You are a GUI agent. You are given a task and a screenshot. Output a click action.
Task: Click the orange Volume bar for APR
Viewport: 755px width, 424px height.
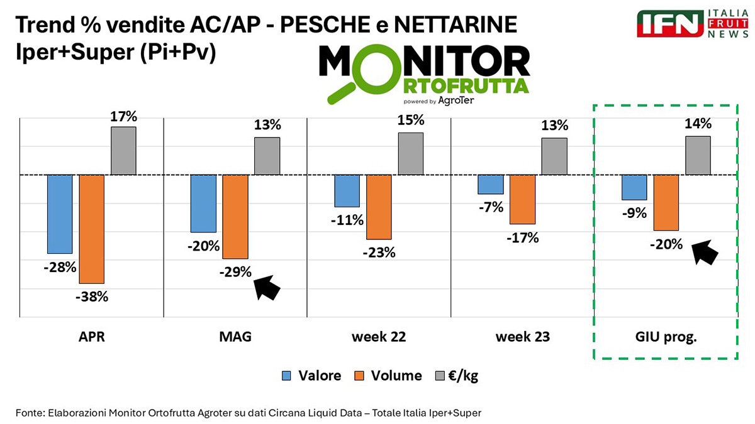pyautogui.click(x=91, y=229)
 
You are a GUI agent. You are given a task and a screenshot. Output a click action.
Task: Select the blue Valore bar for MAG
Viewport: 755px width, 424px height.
pyautogui.click(x=203, y=204)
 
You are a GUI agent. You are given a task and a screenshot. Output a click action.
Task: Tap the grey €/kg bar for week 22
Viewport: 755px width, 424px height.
pyautogui.click(x=410, y=153)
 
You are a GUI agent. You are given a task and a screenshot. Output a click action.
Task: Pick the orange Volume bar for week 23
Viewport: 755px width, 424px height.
pyautogui.click(x=522, y=199)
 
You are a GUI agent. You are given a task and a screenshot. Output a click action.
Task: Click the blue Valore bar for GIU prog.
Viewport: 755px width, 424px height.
pyautogui.click(x=634, y=187)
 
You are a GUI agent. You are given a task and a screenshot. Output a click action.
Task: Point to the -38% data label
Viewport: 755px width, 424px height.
pyautogui.click(x=92, y=296)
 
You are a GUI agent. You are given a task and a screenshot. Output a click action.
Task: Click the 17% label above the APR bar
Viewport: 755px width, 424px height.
pyautogui.click(x=123, y=117)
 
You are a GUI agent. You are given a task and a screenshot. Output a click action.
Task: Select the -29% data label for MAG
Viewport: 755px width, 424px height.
pyautogui.click(x=235, y=272)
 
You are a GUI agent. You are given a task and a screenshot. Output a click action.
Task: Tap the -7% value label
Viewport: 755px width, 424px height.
pyautogui.click(x=490, y=207)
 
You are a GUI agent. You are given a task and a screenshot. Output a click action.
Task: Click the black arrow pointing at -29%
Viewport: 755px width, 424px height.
pyautogui.click(x=267, y=288)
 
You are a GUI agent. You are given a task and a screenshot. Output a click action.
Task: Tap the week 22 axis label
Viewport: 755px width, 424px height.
pyautogui.click(x=379, y=337)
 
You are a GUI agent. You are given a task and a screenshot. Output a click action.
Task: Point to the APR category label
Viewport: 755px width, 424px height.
pyautogui.click(x=92, y=337)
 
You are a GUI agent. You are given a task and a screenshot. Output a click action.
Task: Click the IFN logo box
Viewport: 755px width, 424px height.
pyautogui.click(x=669, y=23)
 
